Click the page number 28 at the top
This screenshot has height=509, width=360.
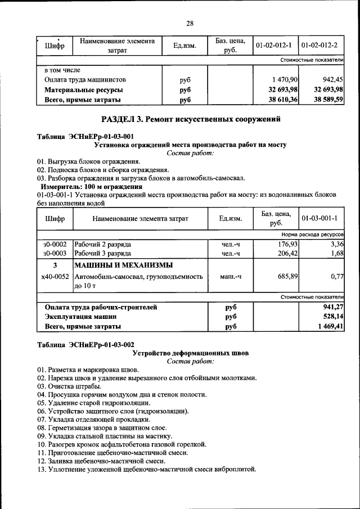(x=190, y=23)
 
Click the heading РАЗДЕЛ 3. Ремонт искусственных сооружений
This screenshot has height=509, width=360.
(x=190, y=119)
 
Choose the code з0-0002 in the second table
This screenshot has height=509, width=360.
(x=55, y=244)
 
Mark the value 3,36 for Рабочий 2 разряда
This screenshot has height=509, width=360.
(x=337, y=244)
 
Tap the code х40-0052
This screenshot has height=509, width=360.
(x=55, y=277)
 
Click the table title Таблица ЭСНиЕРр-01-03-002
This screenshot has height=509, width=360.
(x=85, y=344)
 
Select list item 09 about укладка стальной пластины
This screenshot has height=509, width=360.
(x=113, y=436)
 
